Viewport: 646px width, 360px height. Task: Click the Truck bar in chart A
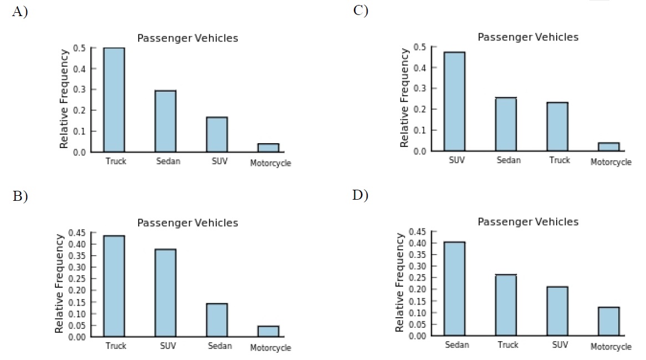114,100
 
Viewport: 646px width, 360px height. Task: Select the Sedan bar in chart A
165,121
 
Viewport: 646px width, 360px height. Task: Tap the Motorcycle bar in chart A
268,148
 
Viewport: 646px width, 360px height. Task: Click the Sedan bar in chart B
217,320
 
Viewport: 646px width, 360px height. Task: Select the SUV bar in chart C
455,101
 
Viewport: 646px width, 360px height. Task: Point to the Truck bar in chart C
557,126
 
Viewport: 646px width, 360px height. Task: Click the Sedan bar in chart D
455,288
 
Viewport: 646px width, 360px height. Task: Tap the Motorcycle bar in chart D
609,321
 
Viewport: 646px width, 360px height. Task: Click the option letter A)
20,12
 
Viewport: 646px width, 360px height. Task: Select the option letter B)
20,197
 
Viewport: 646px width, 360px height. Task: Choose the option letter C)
360,11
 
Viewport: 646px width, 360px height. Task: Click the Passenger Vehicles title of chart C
528,37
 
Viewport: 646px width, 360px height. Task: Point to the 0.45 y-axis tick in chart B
76,233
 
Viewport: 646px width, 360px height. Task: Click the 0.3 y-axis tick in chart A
79,90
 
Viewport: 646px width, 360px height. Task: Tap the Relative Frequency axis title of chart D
400,283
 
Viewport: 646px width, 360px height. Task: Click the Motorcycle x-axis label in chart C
611,163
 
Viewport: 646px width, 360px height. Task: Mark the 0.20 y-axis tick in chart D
417,290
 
